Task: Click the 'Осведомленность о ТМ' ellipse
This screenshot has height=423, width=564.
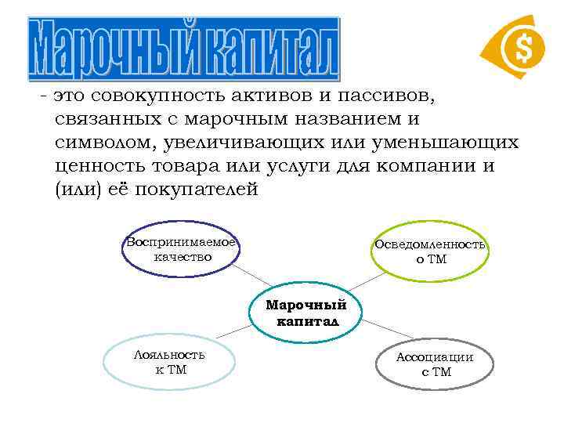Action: (429, 251)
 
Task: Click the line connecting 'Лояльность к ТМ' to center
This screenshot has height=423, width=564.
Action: (234, 332)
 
